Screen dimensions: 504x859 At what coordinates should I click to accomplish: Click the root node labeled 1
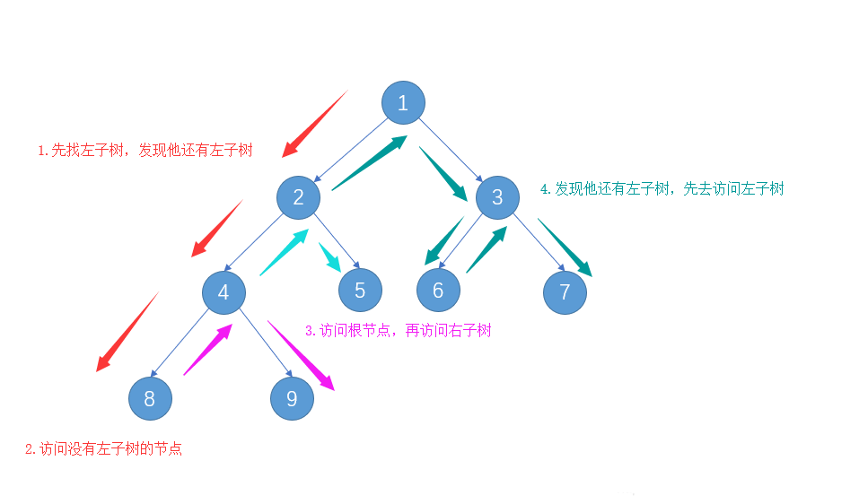(403, 102)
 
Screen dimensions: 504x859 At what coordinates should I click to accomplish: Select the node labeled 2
(299, 197)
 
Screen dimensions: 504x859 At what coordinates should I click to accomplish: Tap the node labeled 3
(498, 197)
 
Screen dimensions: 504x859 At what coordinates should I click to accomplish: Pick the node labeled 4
(224, 292)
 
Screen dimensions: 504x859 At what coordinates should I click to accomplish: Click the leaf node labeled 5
(360, 291)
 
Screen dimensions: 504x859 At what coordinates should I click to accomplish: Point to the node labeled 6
(438, 291)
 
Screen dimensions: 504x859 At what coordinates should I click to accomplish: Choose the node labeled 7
(565, 292)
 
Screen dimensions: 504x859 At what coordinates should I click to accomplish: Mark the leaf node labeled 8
(149, 398)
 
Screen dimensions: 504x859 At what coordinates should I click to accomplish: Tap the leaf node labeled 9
(292, 398)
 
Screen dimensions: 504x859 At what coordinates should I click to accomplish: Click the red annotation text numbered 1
(145, 151)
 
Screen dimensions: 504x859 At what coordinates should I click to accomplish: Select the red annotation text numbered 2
(103, 448)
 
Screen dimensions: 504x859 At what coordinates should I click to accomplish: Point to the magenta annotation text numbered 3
(398, 330)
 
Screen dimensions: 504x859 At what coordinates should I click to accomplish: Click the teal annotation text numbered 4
(662, 188)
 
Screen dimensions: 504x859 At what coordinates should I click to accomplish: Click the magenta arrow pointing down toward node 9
(302, 357)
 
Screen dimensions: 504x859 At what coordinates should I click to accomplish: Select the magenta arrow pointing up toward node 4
(208, 350)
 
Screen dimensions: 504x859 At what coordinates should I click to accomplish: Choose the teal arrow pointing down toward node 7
(565, 248)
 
